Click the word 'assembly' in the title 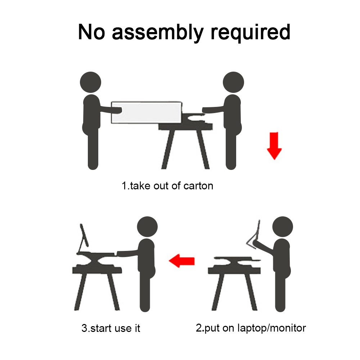click(x=158, y=32)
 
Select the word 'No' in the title click(x=91, y=32)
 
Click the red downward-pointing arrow click(x=274, y=146)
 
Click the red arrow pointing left click(x=181, y=261)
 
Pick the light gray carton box click(x=147, y=112)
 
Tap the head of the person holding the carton click(x=90, y=82)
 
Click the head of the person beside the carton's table click(x=233, y=82)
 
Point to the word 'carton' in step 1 click(x=198, y=186)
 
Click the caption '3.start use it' click(x=111, y=328)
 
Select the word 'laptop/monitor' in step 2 click(x=271, y=328)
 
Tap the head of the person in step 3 click(x=147, y=226)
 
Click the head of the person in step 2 click(x=283, y=226)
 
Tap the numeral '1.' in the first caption click(x=125, y=186)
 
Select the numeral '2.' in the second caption click(x=200, y=328)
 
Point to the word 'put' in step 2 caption click(x=212, y=329)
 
